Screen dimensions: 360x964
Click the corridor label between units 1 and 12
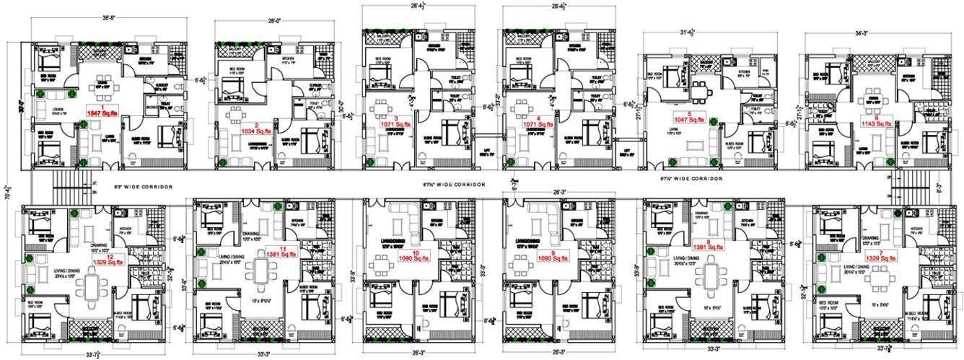pyautogui.click(x=144, y=187)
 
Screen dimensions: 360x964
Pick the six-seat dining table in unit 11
pyautogui.click(x=260, y=277)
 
